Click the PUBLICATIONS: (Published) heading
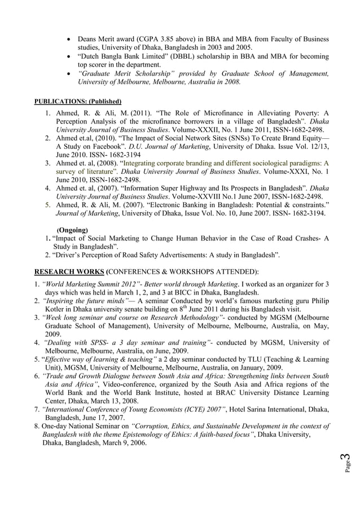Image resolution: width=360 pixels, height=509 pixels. pyautogui.click(x=78, y=102)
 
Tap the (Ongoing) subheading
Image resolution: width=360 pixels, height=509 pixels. pyautogui.click(x=72, y=230)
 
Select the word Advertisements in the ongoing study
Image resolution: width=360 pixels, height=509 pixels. pyautogui.click(x=172, y=255)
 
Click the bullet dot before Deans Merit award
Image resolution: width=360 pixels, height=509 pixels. pyautogui.click(x=69, y=40)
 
